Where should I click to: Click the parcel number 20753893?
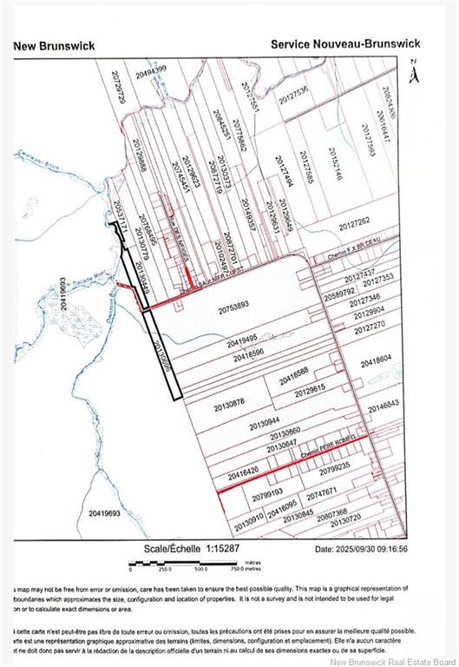tap(233, 305)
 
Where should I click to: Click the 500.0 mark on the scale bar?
tap(200, 570)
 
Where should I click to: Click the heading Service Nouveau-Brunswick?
tap(345, 43)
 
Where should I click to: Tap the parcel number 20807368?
tap(331, 512)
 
